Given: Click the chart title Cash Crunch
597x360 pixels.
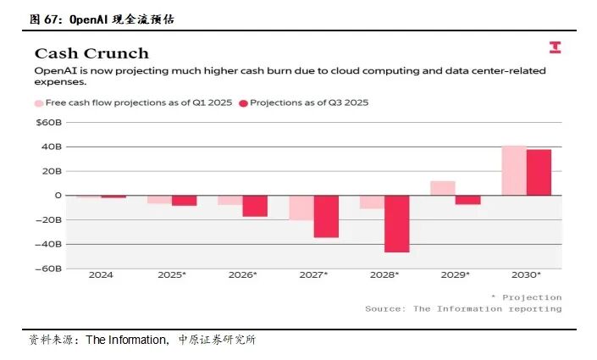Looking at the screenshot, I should point(91,53).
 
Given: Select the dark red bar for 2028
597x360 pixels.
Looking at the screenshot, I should point(397,224).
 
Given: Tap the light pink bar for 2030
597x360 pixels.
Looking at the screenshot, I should point(514,170).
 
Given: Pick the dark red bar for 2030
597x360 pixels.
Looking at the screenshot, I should point(539,172).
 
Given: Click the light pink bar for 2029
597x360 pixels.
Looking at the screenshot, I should point(443,188).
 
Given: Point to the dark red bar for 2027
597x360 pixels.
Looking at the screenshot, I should point(326,216).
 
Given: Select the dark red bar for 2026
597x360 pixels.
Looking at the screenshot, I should point(255,206).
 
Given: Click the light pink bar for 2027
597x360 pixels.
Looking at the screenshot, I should point(301,208).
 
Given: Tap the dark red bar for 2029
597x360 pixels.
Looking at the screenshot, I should point(467,200).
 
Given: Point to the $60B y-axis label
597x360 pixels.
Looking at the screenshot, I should point(48,122).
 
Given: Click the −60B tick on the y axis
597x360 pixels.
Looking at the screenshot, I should point(47,269).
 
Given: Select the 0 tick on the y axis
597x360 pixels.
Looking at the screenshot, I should point(58,195).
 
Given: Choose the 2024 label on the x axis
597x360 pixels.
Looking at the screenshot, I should point(101,275).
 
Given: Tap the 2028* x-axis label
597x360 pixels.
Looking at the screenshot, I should point(385,275).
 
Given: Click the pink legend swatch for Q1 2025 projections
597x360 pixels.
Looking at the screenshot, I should point(39,102).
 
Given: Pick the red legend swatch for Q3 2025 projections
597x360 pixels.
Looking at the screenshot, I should point(243,102).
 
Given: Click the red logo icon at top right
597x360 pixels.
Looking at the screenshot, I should point(556,47).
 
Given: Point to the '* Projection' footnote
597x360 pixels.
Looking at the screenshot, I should point(526,297).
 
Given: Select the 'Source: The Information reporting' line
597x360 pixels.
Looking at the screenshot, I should point(463,309).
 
